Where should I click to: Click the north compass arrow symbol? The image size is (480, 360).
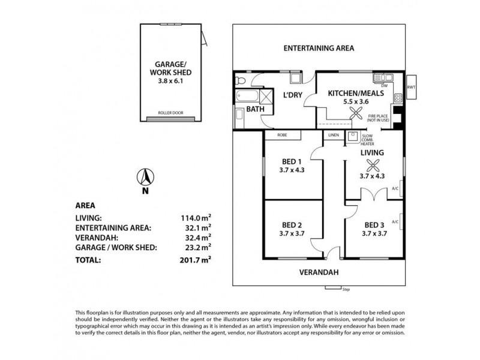coord(145,178)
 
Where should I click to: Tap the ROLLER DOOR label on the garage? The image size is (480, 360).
coord(169,112)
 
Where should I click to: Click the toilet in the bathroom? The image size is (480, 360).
coord(240,80)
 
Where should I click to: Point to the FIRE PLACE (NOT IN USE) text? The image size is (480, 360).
coord(379,118)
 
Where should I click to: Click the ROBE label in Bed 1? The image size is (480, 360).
coord(282,135)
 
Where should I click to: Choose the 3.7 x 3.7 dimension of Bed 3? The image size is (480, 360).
coord(373,234)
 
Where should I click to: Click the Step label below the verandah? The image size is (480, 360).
coord(345,289)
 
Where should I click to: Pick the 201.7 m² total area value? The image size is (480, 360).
coord(199,260)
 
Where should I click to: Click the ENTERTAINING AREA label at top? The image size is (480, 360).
coord(319,47)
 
